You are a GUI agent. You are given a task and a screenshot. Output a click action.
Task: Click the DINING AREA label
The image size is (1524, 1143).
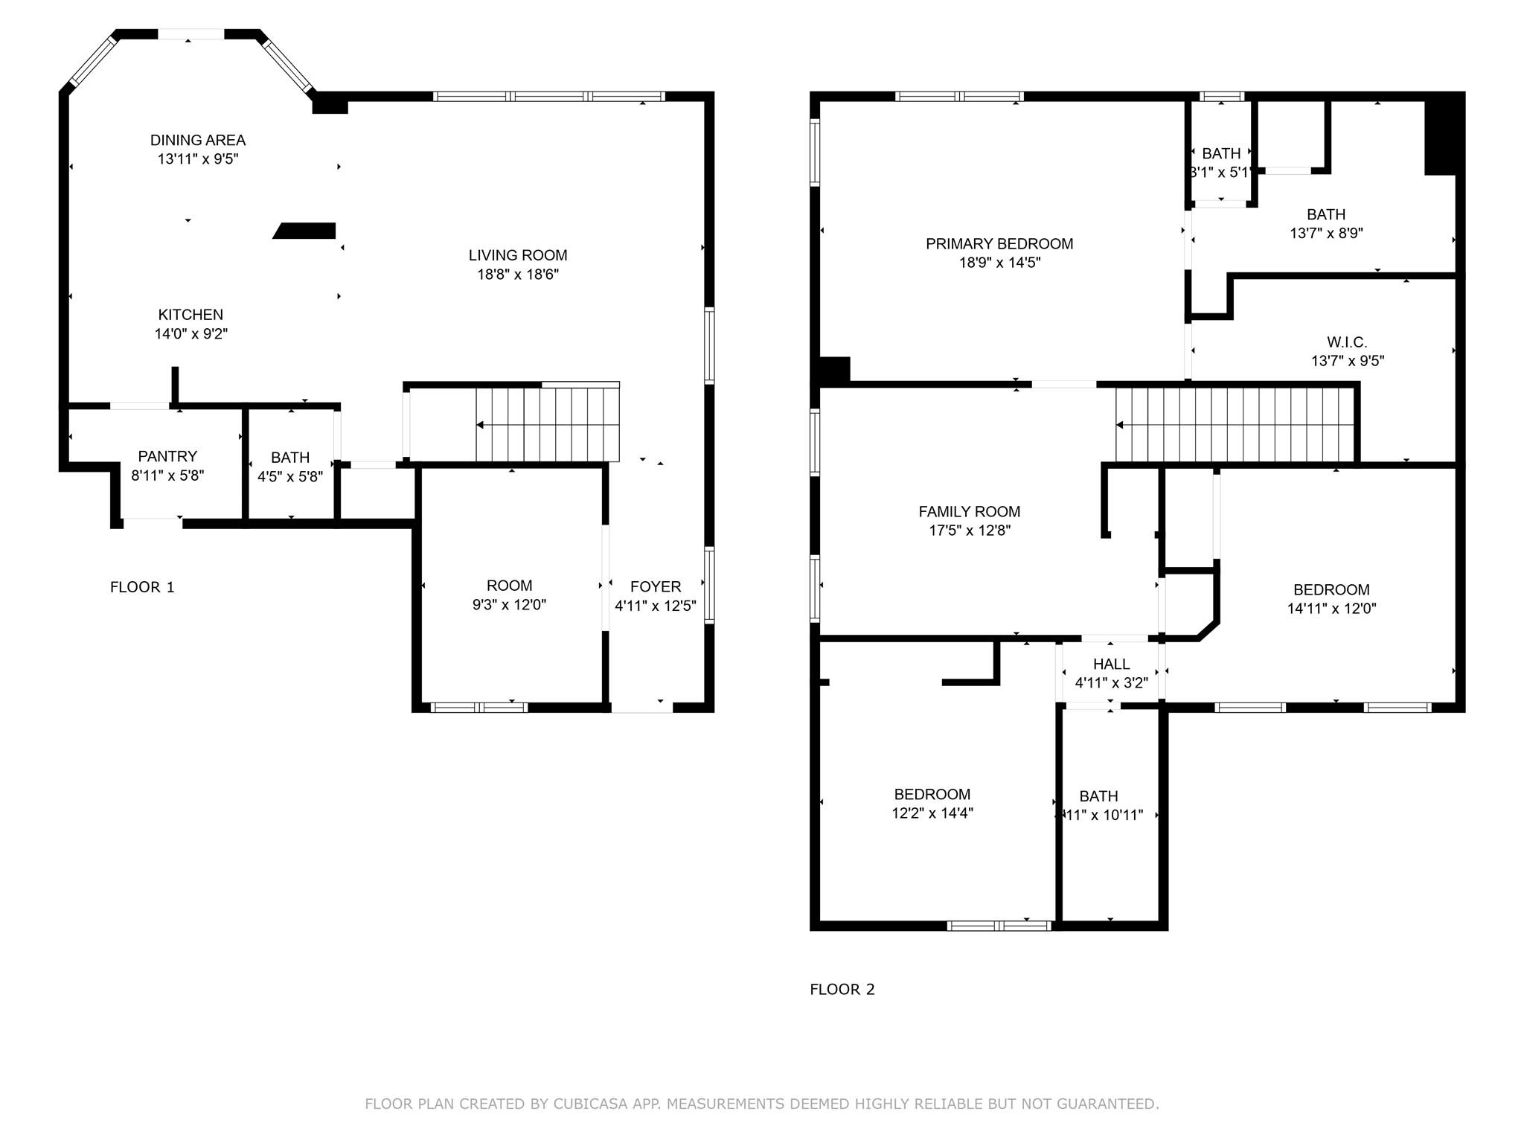pos(197,140)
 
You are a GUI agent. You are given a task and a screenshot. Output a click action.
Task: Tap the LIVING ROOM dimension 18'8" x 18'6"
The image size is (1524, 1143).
pos(517,275)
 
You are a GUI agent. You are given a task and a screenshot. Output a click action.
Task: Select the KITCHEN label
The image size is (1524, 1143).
pos(190,315)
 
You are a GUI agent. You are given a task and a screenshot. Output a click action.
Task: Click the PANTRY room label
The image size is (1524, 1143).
pos(167,456)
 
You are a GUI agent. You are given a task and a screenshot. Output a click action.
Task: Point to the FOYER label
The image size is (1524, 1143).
pos(655,586)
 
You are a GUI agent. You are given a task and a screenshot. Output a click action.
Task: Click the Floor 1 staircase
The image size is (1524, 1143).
pos(547,425)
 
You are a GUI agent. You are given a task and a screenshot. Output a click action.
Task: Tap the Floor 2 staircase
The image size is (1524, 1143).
pos(1234,425)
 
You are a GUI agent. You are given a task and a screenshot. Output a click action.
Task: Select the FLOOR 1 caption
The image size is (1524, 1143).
pos(142,587)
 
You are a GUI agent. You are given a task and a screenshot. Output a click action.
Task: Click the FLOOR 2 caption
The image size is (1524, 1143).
pos(842,989)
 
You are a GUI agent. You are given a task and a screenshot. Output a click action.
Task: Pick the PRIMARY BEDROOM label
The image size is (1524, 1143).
pos(999,244)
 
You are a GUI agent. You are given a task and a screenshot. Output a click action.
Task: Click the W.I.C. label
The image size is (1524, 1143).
pos(1346,342)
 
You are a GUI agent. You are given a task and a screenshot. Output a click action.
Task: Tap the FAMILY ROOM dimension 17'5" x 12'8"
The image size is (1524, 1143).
pos(970,531)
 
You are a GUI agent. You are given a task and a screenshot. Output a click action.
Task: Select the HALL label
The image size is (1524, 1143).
pos(1111,664)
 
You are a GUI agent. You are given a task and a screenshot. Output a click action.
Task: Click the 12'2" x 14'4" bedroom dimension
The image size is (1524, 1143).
pos(932,813)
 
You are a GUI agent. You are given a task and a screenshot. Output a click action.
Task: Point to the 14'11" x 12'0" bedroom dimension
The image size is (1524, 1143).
pos(1331,609)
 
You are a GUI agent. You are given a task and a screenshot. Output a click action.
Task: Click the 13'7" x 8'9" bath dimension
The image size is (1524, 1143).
pos(1325,233)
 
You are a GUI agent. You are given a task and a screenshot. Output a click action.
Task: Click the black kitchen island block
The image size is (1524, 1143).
pos(306,231)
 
